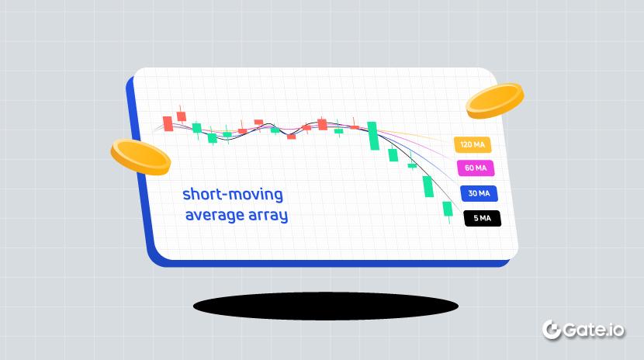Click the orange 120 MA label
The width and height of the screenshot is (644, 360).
pos(473,144)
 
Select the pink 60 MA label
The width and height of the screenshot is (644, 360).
pos(476,168)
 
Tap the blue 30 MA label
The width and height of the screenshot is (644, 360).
pos(479,193)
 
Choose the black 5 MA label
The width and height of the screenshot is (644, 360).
pos(482,218)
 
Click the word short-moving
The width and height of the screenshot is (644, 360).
pos(233,194)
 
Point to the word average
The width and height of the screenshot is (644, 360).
pos(214,215)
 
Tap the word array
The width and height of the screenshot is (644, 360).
pos(268,216)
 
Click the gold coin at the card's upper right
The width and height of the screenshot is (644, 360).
pos(495,101)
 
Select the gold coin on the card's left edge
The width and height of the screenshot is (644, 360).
pos(140,157)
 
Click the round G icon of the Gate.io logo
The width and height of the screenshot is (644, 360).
pos(552,330)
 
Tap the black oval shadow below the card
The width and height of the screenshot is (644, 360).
pos(326,306)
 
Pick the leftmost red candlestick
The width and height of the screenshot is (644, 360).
pos(168,123)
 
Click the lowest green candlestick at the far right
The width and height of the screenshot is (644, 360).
pos(447,210)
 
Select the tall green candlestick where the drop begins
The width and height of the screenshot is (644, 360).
pos(373,136)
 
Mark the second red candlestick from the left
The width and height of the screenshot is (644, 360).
pos(181,116)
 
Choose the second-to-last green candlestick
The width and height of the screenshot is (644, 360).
pos(428,187)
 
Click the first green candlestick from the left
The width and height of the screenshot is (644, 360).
pos(197,129)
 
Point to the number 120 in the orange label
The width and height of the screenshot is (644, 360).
pos(466,144)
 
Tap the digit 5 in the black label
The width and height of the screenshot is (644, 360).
pos(476,218)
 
